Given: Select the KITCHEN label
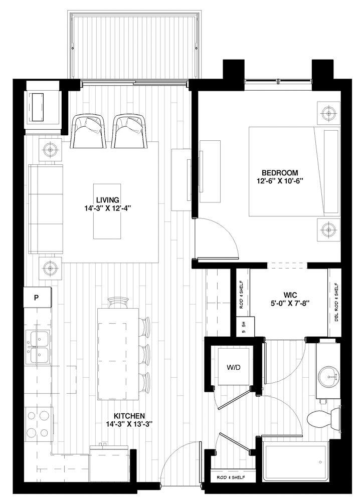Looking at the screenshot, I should click(129, 415).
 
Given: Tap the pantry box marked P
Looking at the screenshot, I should click(37, 297).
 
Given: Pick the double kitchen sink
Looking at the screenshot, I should click(38, 347).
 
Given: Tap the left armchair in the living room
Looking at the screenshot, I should click(89, 131).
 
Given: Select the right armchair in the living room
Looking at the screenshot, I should click(129, 131).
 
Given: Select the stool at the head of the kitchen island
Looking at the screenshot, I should click(118, 302).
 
